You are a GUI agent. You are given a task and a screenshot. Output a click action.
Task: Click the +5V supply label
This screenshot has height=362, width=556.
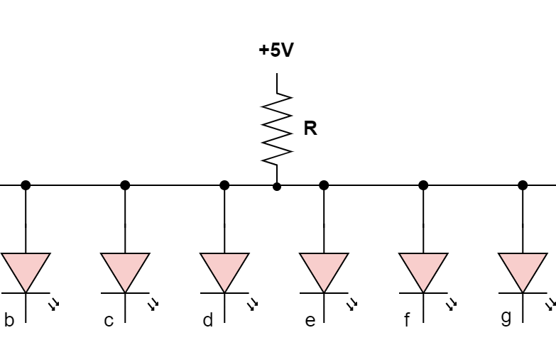coord(276,51)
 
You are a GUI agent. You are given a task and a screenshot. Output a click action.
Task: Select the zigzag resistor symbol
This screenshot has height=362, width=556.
coord(277,129)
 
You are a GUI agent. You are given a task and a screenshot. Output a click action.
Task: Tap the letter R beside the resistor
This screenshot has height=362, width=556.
coord(310,128)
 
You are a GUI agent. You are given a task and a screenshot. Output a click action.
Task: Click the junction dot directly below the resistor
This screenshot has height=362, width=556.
coord(277,186)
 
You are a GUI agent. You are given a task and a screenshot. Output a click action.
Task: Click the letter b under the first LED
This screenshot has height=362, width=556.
coord(9,320)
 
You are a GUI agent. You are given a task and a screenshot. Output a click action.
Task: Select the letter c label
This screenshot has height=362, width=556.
coord(109,321)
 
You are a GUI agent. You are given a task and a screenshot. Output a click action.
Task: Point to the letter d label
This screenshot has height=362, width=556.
coord(208,320)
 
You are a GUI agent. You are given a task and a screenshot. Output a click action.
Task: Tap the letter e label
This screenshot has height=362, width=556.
coord(310,321)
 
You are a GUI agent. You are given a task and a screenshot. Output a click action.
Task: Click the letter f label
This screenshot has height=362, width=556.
coord(407,321)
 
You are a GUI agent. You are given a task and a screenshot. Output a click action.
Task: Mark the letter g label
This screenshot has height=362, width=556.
coord(506,317)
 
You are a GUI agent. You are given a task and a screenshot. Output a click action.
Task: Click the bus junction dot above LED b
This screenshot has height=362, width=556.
coord(26,185)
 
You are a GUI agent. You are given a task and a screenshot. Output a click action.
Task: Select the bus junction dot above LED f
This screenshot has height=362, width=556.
coord(423,185)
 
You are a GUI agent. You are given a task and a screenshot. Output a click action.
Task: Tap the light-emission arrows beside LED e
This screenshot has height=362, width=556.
coord(351,305)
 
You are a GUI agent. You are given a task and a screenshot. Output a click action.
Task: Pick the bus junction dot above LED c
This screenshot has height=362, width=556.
coord(125,185)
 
